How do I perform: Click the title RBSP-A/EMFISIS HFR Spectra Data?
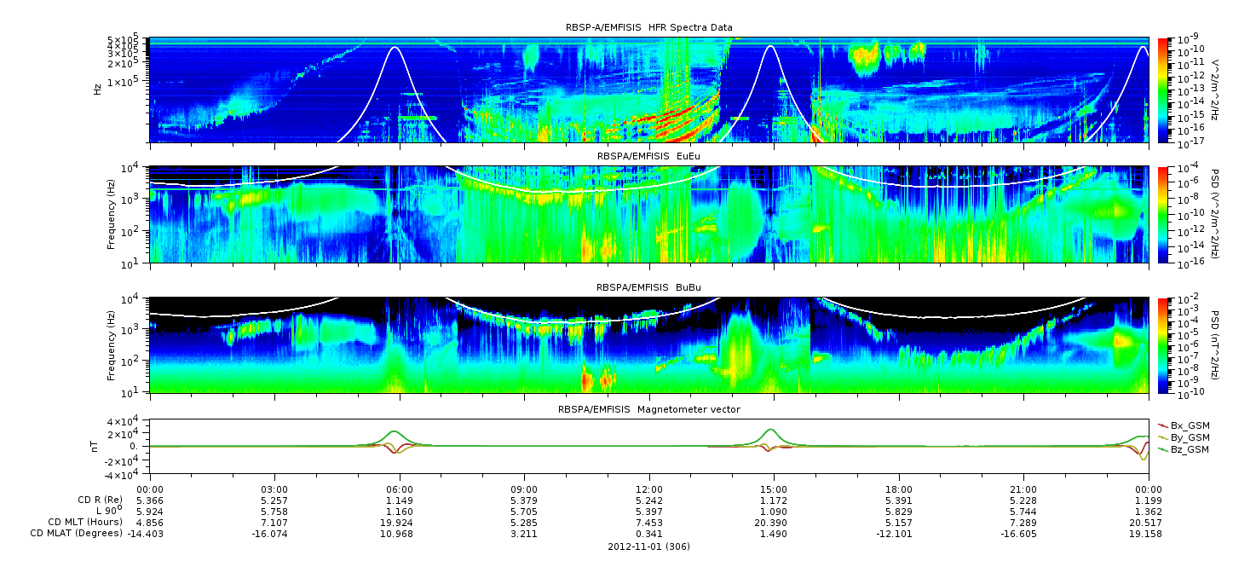point(648,28)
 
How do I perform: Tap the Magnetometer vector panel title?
point(648,409)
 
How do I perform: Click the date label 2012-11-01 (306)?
point(648,547)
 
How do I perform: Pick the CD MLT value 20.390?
point(774,522)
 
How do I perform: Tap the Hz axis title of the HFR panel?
point(98,88)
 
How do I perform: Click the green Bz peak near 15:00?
point(771,430)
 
